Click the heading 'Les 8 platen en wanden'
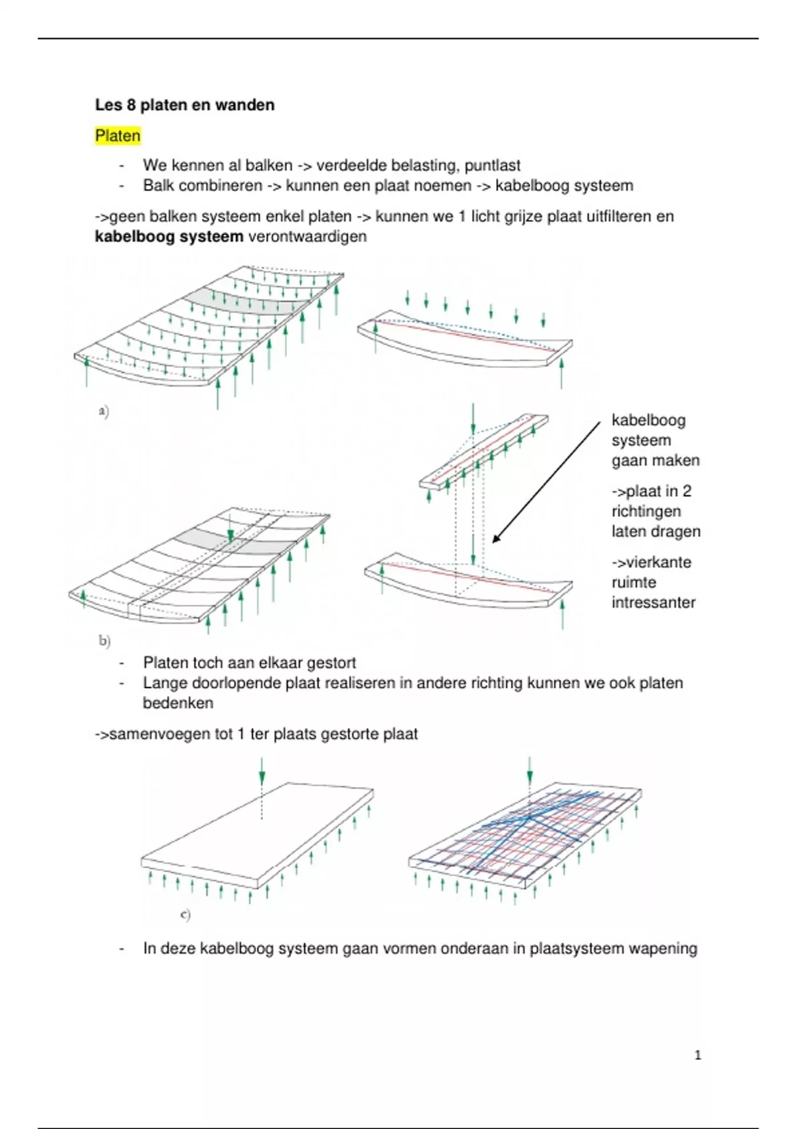[185, 105]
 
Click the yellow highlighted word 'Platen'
[118, 136]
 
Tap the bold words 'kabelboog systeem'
[169, 236]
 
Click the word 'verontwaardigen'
[307, 236]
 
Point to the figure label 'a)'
[104, 412]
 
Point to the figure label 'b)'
[104, 641]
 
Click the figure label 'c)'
[185, 914]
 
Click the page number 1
[697, 1055]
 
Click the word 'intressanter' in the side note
[654, 602]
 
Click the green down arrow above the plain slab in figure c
[262, 772]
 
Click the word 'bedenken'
[178, 703]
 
